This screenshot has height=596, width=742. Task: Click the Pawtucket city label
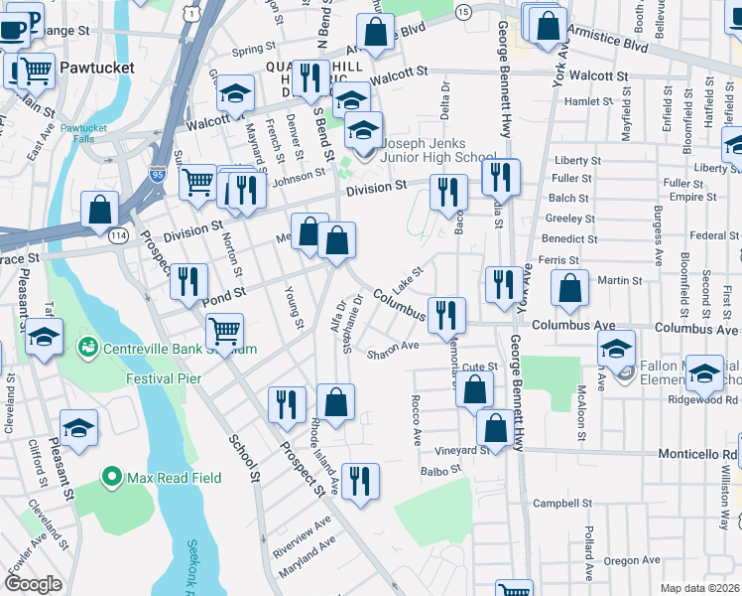94,68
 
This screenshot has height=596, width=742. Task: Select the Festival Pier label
164,378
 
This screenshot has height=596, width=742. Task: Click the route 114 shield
118,235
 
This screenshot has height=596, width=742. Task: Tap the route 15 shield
463,10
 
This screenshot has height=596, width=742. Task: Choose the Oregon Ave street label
631,561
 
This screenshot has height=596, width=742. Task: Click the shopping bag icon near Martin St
569,289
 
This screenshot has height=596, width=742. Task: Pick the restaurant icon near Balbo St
359,482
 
